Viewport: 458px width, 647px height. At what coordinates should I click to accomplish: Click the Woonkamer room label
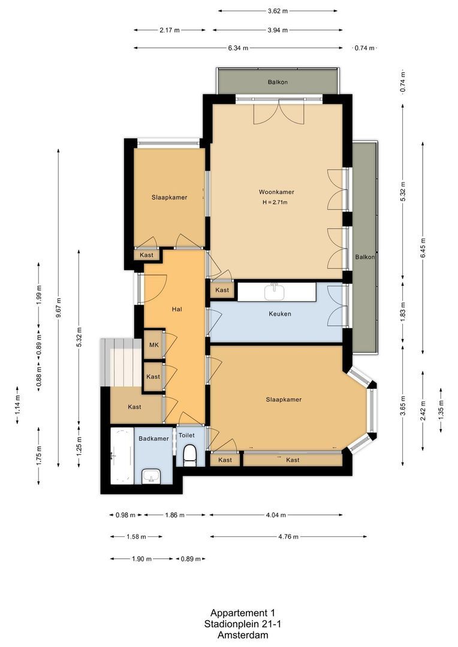point(276,192)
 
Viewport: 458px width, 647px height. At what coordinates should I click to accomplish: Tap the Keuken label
point(279,313)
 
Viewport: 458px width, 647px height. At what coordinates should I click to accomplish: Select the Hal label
point(177,309)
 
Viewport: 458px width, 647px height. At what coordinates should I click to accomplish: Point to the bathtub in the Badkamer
point(122,455)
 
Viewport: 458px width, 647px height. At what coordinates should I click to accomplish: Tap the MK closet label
point(153,345)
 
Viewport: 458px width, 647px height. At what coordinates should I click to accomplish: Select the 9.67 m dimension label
point(59,308)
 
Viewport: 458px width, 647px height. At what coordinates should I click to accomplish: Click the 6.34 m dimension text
point(239,48)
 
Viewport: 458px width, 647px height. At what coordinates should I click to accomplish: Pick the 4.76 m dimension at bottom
point(288,537)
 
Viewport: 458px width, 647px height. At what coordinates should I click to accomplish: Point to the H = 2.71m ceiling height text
point(275,202)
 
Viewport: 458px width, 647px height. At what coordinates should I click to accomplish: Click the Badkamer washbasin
point(151,477)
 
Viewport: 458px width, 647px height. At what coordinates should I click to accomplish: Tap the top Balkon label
point(278,82)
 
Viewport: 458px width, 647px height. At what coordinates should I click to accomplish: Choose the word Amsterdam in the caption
point(243,635)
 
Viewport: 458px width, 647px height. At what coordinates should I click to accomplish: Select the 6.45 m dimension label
point(423,248)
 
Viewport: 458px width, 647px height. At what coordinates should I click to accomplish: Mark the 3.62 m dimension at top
point(278,11)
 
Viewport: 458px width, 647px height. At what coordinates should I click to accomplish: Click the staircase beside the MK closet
point(122,362)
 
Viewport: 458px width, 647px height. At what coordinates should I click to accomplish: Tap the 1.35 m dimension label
point(441,410)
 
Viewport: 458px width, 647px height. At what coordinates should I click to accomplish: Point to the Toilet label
point(186,436)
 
